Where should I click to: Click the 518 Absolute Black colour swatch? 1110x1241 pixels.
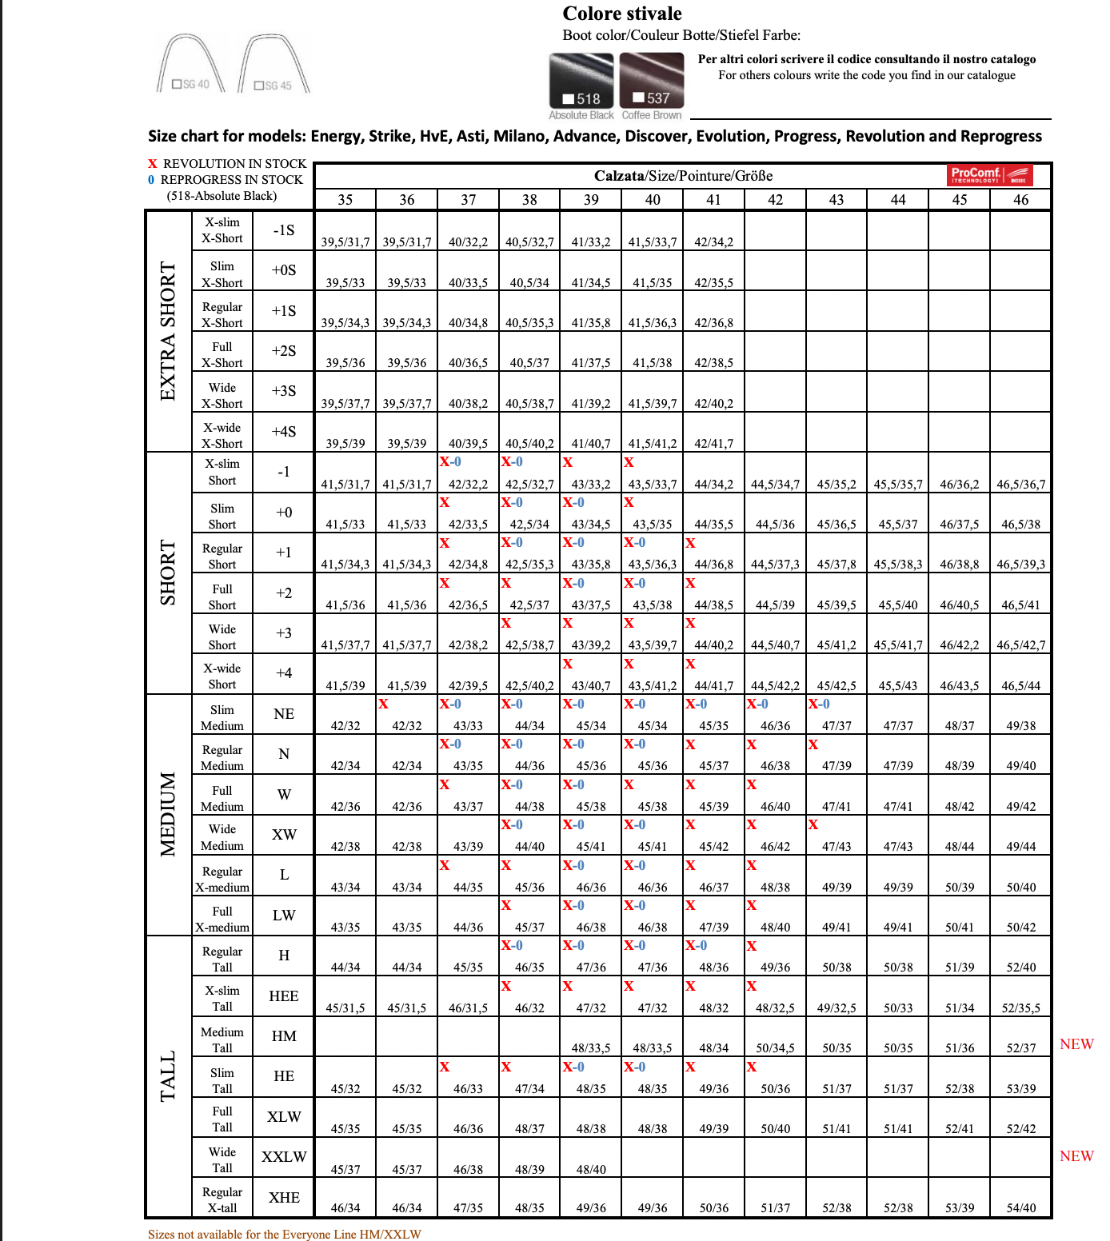(x=581, y=81)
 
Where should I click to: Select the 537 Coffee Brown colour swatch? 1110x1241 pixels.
(x=652, y=81)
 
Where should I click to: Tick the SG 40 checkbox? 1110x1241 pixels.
(x=178, y=84)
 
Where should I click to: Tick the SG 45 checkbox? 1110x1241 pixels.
(x=259, y=86)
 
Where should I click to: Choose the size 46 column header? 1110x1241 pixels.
(x=1020, y=200)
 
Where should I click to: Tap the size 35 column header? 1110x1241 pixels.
(x=345, y=200)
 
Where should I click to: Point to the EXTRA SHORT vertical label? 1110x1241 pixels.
(x=168, y=330)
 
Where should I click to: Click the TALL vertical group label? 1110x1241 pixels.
(x=168, y=1076)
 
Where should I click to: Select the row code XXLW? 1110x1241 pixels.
(x=284, y=1156)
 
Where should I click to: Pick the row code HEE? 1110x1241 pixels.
(x=284, y=996)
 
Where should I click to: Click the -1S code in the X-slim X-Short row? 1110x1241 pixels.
(x=284, y=230)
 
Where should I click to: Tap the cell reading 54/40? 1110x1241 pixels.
(x=1021, y=1207)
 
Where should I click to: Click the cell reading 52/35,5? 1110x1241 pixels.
(x=1021, y=1008)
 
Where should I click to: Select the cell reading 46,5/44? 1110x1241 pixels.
(x=1021, y=685)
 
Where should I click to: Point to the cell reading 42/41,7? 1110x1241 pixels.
(x=713, y=443)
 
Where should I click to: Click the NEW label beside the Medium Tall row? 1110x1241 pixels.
(x=1076, y=1044)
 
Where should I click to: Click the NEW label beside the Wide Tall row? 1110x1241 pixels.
(x=1076, y=1156)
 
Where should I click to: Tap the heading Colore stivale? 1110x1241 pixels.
(x=622, y=14)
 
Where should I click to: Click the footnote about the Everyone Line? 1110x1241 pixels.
(x=284, y=1234)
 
